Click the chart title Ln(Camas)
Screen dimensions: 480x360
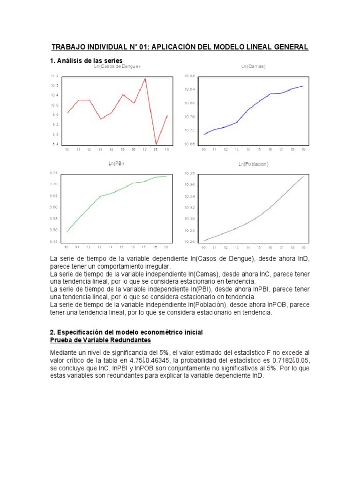[253, 67]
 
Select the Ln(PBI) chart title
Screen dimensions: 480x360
[116, 163]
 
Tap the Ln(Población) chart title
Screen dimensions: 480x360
[253, 164]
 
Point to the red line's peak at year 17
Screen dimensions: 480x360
[145, 79]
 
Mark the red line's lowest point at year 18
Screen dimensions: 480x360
[156, 144]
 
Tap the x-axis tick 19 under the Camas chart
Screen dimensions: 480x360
[303, 150]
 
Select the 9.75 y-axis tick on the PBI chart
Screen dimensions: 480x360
[53, 173]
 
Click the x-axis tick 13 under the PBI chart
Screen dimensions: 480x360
[99, 247]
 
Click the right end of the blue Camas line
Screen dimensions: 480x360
[304, 86]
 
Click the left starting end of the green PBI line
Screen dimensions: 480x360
[67, 232]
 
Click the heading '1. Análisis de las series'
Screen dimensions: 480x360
[86, 61]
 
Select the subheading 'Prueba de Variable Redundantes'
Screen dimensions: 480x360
[100, 339]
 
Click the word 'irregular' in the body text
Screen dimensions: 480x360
[155, 266]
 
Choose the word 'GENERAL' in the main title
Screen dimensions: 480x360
[287, 47]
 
